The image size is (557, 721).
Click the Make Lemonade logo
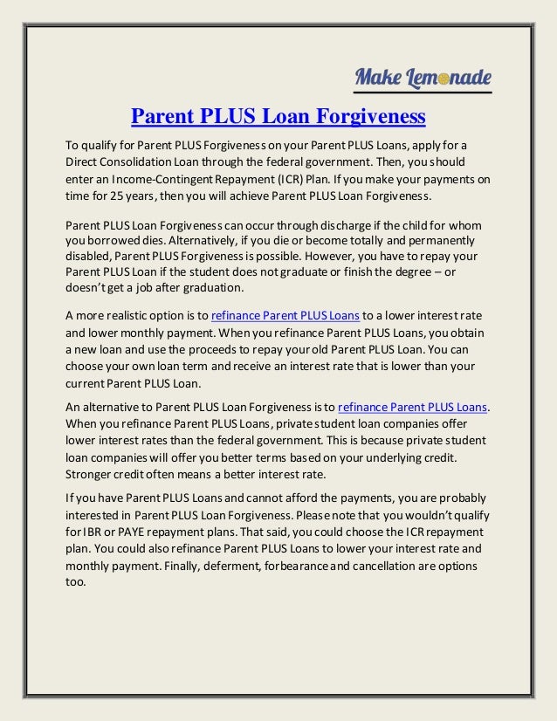pyautogui.click(x=423, y=78)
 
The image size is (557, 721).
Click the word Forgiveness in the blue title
pyautogui.click(x=371, y=115)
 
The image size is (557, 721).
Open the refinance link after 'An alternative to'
pyautogui.click(x=412, y=407)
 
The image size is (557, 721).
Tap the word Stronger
pyautogui.click(x=92, y=474)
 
